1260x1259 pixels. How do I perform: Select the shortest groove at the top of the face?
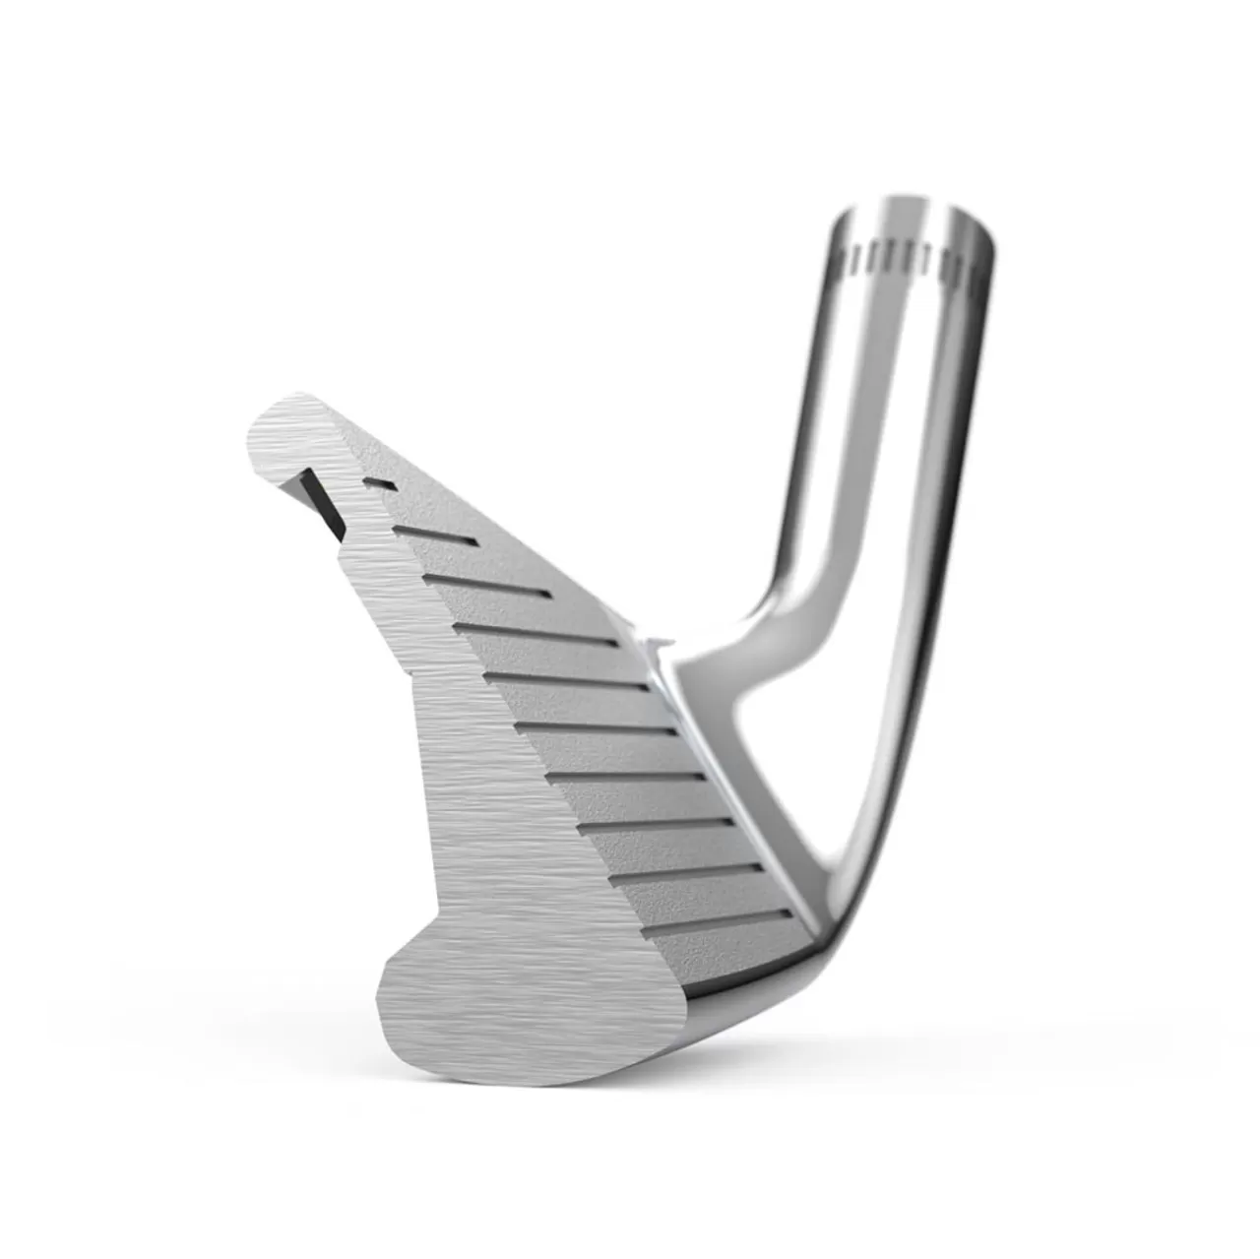[379, 482]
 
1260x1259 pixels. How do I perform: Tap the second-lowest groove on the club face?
[689, 871]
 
